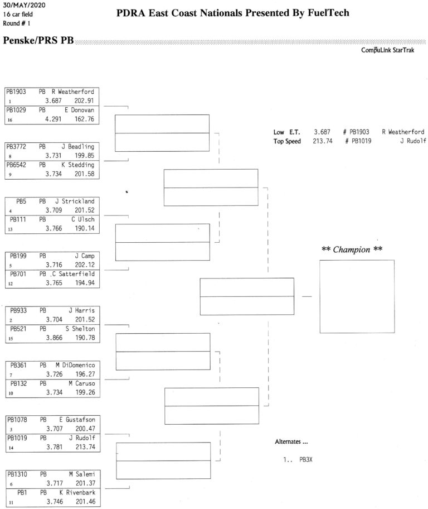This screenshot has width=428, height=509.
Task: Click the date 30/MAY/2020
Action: coord(24,5)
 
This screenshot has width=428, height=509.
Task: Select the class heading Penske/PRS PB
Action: coord(38,40)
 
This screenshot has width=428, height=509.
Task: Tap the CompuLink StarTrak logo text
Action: coord(387,50)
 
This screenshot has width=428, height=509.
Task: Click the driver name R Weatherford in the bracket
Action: coord(73,92)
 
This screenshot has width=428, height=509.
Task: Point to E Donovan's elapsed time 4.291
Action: coord(53,119)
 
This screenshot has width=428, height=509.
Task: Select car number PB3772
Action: coord(16,147)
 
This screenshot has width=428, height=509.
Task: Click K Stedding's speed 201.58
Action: coord(84,174)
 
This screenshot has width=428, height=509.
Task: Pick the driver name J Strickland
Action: coord(75,201)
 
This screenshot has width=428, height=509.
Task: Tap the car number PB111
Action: coord(18,219)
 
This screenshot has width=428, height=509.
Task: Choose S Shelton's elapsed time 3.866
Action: coord(54,338)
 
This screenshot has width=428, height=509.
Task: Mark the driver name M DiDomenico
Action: coord(76,365)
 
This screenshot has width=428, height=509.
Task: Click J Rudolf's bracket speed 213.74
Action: coord(86,447)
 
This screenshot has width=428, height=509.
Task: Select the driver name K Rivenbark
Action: coord(77,492)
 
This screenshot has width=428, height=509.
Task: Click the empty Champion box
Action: coord(357,260)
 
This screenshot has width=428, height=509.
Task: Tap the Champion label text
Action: coord(352,249)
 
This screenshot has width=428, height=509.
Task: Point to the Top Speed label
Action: coord(287,141)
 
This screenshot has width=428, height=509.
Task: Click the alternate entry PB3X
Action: coord(306,460)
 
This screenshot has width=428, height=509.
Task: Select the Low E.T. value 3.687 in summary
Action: coord(322,132)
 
